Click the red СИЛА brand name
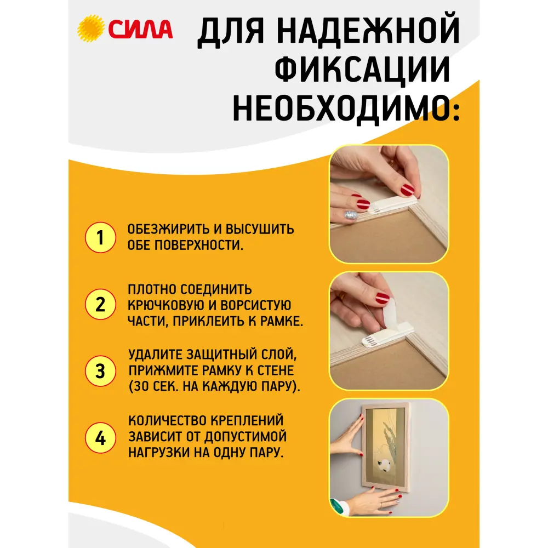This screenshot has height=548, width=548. [140, 28]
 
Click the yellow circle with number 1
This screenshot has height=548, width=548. [100, 237]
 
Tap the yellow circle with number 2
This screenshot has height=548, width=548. [100, 304]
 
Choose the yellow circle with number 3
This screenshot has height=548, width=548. [100, 370]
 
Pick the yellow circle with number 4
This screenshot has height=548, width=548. [100, 438]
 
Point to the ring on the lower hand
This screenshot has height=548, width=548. [380, 503]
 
